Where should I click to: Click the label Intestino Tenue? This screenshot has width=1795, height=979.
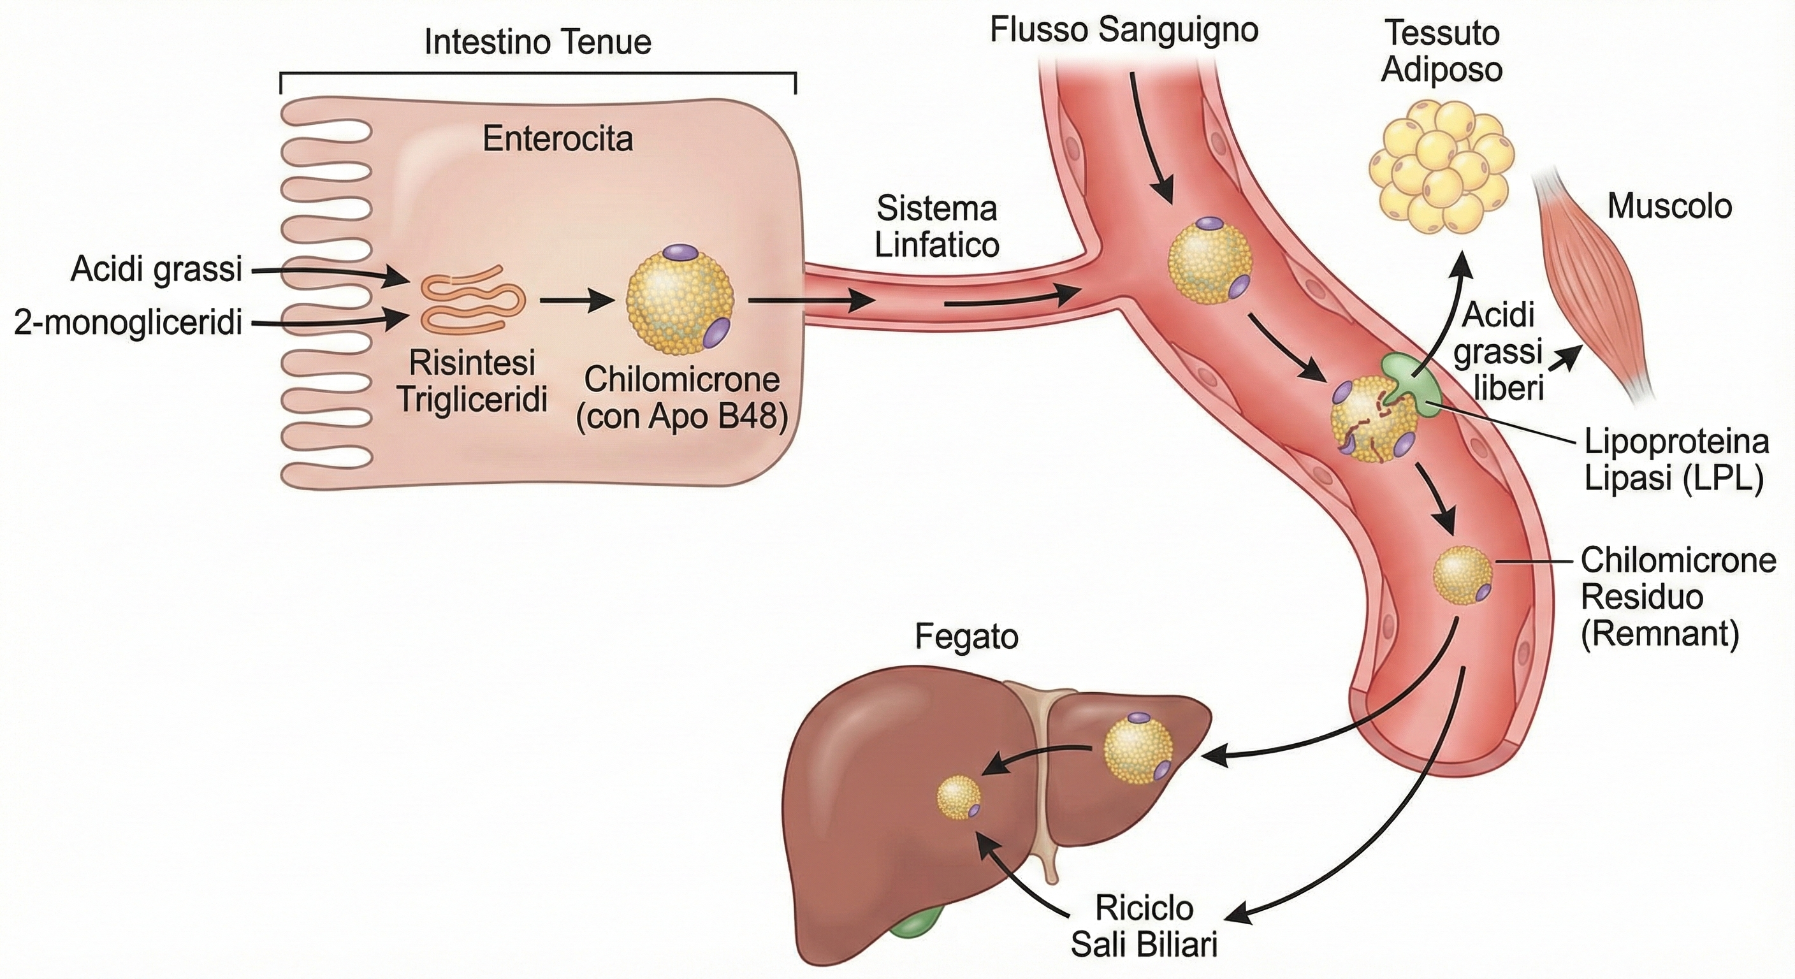pos(537,43)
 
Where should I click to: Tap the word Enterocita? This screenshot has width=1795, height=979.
pos(558,140)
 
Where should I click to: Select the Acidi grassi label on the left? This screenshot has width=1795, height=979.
pos(156,270)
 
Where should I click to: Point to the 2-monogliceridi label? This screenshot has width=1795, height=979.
pos(128,323)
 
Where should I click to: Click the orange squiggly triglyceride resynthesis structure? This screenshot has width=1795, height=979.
pos(472,297)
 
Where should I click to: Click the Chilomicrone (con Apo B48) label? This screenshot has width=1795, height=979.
pos(681,398)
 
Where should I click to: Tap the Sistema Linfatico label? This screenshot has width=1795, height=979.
pos(936,226)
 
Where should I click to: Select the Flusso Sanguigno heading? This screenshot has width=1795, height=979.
pos(1124,30)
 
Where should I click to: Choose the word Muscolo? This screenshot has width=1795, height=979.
pos(1669,207)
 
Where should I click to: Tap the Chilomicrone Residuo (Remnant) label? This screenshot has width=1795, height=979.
pos(1678,597)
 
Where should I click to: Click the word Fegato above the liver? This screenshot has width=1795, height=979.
pos(966,637)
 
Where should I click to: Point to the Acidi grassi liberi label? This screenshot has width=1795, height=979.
pos(1498,352)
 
